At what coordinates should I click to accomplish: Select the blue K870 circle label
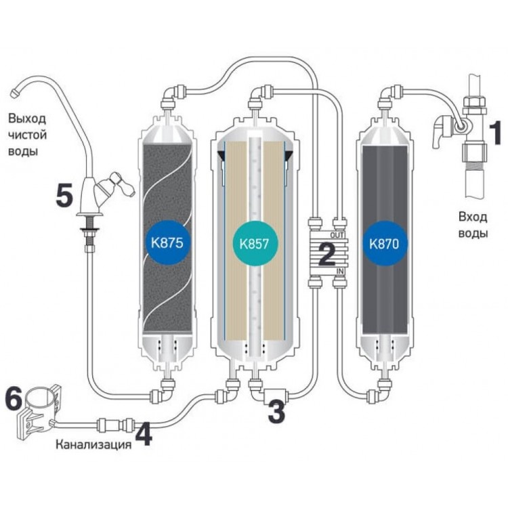click(x=384, y=243)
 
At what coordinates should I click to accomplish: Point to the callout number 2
click(x=326, y=255)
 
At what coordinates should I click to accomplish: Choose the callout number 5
click(x=64, y=196)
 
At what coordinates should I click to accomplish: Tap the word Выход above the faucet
click(x=28, y=119)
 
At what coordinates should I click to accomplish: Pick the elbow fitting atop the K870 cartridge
click(x=385, y=95)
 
